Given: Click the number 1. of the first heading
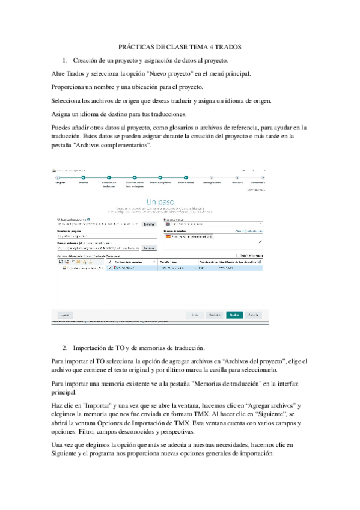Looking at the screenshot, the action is (66, 61).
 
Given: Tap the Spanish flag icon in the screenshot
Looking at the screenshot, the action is (168, 236).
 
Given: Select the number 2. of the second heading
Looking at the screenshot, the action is (66, 348).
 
